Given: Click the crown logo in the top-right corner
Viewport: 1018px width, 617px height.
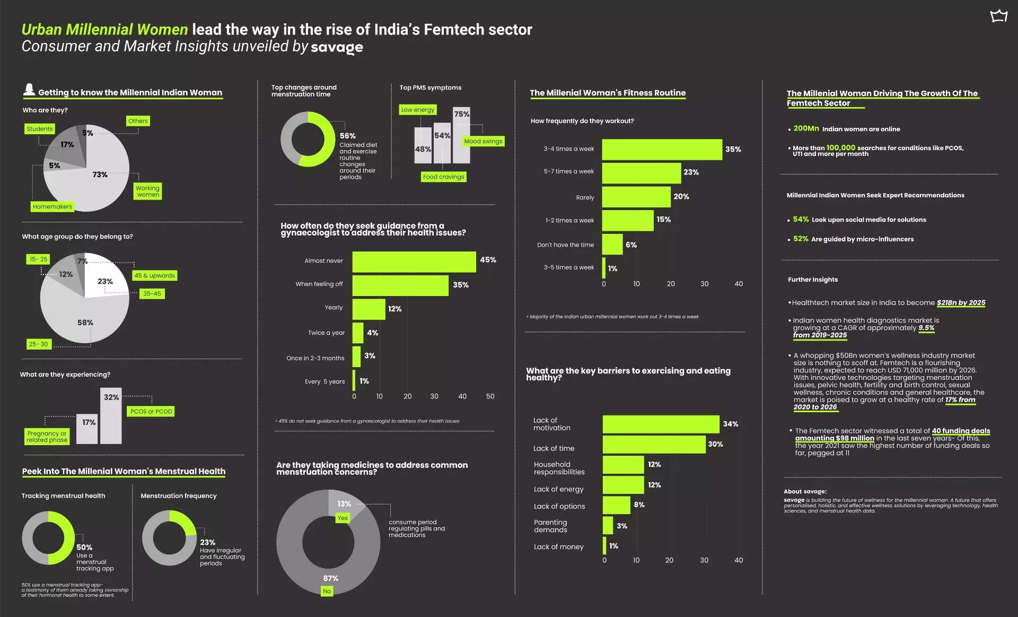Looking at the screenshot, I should click(x=999, y=16).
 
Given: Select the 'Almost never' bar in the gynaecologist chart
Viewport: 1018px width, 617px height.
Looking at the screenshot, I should click(x=414, y=262).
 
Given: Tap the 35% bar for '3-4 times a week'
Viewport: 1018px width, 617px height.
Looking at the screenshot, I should click(x=662, y=150).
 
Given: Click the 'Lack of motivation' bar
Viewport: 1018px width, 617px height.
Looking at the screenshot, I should click(x=661, y=424).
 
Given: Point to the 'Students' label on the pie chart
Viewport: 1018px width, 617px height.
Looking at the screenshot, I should click(x=40, y=129).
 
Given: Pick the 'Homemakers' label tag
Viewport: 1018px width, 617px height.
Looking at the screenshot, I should click(x=52, y=207).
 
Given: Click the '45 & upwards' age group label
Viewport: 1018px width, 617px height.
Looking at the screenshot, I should click(x=154, y=275).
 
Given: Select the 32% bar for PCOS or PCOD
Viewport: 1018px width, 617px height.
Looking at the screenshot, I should click(x=111, y=416).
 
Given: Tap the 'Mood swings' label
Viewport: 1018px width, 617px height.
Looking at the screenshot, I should click(x=483, y=141).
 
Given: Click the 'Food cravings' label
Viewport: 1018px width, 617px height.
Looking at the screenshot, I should click(x=443, y=177).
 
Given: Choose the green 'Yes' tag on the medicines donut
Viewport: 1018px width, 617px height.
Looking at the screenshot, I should click(x=343, y=518).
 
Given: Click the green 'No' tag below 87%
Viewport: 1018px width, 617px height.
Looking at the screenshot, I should click(x=327, y=591).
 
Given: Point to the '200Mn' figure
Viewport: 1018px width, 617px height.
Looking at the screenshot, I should click(x=806, y=128).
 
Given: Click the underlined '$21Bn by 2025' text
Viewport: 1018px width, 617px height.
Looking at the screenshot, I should click(x=961, y=303).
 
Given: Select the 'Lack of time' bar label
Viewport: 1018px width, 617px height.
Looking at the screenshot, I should click(x=554, y=448).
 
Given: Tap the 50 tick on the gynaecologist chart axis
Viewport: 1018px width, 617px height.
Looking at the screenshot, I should click(x=490, y=396).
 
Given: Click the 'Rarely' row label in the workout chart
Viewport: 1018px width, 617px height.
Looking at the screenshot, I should click(x=585, y=197).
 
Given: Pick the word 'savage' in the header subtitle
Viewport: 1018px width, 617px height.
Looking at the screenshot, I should click(x=337, y=47).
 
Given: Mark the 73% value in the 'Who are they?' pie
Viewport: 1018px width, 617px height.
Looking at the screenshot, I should click(x=100, y=175).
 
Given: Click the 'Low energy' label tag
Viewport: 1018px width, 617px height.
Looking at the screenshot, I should click(x=418, y=110).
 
